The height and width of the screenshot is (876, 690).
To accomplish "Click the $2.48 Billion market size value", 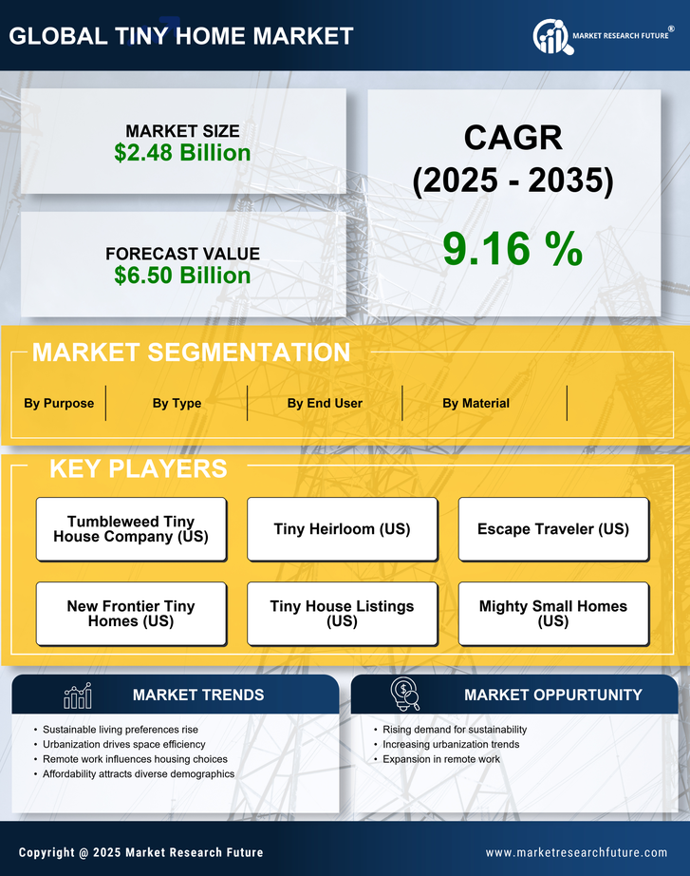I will click(182, 153).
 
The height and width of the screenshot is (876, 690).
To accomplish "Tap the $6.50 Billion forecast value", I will click(182, 276).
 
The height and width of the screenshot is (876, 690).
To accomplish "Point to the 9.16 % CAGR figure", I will click(513, 249).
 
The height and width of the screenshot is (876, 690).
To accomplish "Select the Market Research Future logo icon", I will click(550, 37).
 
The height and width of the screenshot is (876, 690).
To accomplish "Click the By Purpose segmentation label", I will click(59, 403).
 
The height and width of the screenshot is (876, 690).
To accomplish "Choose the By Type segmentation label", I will click(177, 403).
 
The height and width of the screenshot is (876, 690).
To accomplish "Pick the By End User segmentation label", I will click(325, 403).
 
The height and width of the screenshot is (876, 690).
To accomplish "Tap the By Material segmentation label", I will click(476, 403).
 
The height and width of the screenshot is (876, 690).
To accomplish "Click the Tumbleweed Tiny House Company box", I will click(131, 529).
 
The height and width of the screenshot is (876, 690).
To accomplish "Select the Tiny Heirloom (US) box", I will click(342, 529).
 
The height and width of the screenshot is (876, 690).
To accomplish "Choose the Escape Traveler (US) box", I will click(553, 529).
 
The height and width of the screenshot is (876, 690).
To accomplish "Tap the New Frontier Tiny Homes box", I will click(131, 614).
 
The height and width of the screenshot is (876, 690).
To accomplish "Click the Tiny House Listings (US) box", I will click(342, 614).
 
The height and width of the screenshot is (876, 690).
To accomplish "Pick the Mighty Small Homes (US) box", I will click(553, 614).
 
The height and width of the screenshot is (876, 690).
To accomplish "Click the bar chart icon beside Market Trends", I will click(78, 696).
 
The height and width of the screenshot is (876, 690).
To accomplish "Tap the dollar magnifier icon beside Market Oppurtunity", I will click(404, 694).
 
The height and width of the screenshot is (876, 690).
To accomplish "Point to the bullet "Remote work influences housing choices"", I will click(135, 759).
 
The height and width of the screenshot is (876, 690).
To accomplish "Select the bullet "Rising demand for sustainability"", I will click(455, 730).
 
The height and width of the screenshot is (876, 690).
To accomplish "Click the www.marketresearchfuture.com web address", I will click(576, 852).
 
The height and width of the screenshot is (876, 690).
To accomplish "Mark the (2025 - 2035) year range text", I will click(513, 181).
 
